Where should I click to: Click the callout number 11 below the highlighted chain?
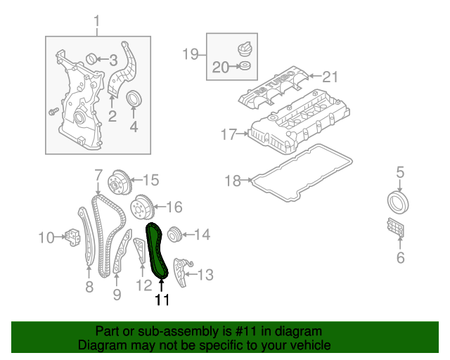(162, 300)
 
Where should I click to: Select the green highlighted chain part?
(158, 253)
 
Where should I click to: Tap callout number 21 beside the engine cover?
(330, 76)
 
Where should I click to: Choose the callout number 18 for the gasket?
(233, 181)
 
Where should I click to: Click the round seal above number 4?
(134, 100)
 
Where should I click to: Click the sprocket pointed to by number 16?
(142, 208)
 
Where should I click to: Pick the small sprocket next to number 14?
(174, 233)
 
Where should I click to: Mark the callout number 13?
(205, 274)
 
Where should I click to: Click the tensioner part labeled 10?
(72, 237)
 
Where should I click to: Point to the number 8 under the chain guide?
(89, 286)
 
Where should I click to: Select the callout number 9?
(117, 293)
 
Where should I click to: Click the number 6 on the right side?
(400, 258)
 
